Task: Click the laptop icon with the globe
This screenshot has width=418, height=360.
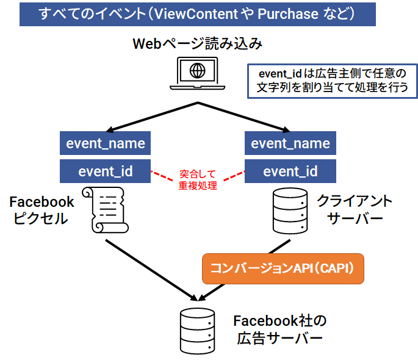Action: click(198, 73)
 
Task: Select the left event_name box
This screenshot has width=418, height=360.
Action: click(106, 144)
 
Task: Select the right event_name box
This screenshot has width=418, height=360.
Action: click(290, 144)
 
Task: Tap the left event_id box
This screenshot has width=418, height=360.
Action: click(106, 171)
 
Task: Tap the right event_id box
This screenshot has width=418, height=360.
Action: click(290, 171)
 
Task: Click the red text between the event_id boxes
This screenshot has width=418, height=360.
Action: click(198, 179)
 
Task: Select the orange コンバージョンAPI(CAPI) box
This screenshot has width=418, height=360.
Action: click(283, 268)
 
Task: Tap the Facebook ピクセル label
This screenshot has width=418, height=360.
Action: click(41, 211)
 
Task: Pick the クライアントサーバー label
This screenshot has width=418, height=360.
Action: click(354, 210)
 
